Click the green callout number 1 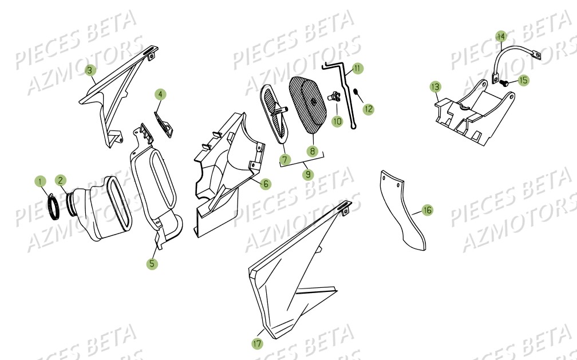coord(40,181)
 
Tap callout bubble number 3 coord(90,70)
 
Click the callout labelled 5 coord(152,264)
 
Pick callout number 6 coord(265,184)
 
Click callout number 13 coord(436,86)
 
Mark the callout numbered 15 coord(524,80)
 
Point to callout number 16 coord(427,211)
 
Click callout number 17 coord(256,343)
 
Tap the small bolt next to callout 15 coord(507,83)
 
